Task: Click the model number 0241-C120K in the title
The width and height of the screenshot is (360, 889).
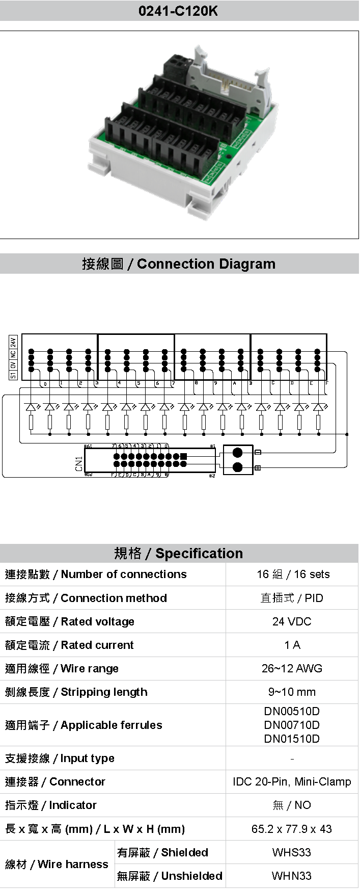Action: pyautogui.click(x=179, y=11)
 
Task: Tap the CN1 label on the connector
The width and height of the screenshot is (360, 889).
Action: pyautogui.click(x=79, y=463)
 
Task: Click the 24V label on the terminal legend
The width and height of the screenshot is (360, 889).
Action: pyautogui.click(x=13, y=342)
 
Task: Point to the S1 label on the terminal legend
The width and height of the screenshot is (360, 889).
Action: pyautogui.click(x=13, y=375)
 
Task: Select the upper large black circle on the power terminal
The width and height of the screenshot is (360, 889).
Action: pyautogui.click(x=237, y=453)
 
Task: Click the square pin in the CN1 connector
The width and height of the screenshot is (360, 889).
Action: pyautogui.click(x=184, y=456)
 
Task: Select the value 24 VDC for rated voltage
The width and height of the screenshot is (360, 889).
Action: pyautogui.click(x=292, y=621)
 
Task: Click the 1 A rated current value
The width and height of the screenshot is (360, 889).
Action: pyautogui.click(x=292, y=645)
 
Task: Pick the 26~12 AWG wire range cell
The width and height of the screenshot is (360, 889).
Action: pyautogui.click(x=292, y=668)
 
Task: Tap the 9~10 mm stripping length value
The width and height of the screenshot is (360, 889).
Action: pyautogui.click(x=292, y=692)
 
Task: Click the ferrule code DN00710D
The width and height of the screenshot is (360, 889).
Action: pyautogui.click(x=292, y=725)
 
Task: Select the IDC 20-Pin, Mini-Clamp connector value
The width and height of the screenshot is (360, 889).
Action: pyautogui.click(x=292, y=781)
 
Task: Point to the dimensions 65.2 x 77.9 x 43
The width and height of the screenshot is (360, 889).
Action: pyautogui.click(x=292, y=829)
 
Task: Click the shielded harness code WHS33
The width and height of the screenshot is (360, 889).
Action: pyautogui.click(x=292, y=852)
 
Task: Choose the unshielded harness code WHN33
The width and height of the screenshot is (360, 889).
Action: pyautogui.click(x=292, y=876)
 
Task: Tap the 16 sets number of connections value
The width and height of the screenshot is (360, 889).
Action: pyautogui.click(x=293, y=574)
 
